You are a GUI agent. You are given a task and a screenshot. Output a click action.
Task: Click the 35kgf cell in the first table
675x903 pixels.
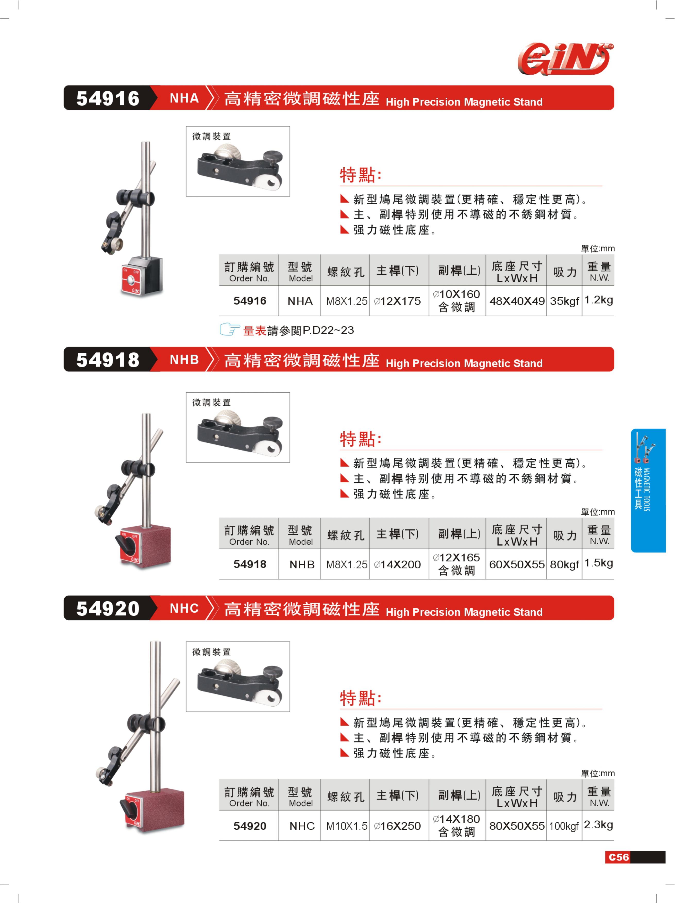click(564, 301)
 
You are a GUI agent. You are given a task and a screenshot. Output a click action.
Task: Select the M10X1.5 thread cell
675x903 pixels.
click(347, 826)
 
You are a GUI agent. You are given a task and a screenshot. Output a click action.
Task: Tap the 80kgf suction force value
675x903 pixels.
click(564, 565)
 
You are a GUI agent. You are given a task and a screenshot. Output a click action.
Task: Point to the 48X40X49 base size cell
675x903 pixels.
click(517, 301)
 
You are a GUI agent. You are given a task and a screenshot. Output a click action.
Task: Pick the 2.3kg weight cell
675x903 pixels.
click(598, 825)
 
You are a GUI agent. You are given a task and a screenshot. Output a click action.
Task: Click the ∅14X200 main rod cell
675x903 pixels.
click(397, 565)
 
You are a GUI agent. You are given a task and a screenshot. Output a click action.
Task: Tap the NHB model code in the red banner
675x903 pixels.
click(184, 360)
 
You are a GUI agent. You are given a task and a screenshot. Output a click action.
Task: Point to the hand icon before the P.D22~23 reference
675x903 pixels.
click(229, 329)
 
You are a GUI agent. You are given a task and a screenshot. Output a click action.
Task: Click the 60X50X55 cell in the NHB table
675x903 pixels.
click(517, 565)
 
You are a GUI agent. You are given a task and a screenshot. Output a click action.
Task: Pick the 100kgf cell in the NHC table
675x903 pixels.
click(564, 826)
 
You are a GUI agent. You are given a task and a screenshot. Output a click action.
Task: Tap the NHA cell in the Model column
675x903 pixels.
click(300, 301)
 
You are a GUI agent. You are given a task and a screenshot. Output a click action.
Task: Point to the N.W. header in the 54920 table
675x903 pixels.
click(599, 803)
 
